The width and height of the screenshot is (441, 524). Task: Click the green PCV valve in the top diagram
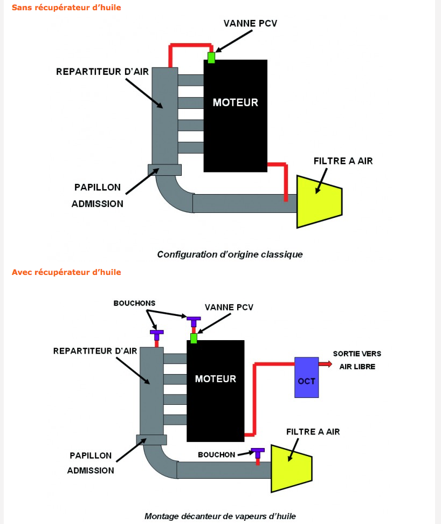tap(211, 58)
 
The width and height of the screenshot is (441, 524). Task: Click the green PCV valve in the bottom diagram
tap(194, 338)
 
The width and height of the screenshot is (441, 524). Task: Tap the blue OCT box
tap(306, 377)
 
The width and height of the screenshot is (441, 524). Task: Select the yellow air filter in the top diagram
tap(319, 202)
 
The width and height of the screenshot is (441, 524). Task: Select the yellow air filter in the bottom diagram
tap(291, 468)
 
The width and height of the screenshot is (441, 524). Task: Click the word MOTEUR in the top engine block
tap(236, 102)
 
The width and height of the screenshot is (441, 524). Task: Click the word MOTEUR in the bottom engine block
tap(216, 378)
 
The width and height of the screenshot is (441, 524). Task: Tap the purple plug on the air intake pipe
tap(258, 453)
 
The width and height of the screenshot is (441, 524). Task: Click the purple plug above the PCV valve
tap(194, 322)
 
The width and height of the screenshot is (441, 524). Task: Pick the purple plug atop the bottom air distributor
tap(157, 335)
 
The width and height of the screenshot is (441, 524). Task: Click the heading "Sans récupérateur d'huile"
tap(66, 8)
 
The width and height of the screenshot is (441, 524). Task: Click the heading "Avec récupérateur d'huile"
tap(66, 272)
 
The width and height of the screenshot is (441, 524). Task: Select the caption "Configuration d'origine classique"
tap(230, 254)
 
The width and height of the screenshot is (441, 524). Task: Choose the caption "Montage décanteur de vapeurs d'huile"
tap(220, 516)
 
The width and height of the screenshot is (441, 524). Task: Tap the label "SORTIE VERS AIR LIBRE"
tap(357, 360)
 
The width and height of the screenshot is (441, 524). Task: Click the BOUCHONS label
tap(134, 303)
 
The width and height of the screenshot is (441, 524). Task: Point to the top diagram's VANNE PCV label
tap(250, 23)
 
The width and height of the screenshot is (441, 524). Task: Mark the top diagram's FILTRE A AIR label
tap(343, 161)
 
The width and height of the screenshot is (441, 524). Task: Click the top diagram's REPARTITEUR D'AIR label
tap(102, 72)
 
